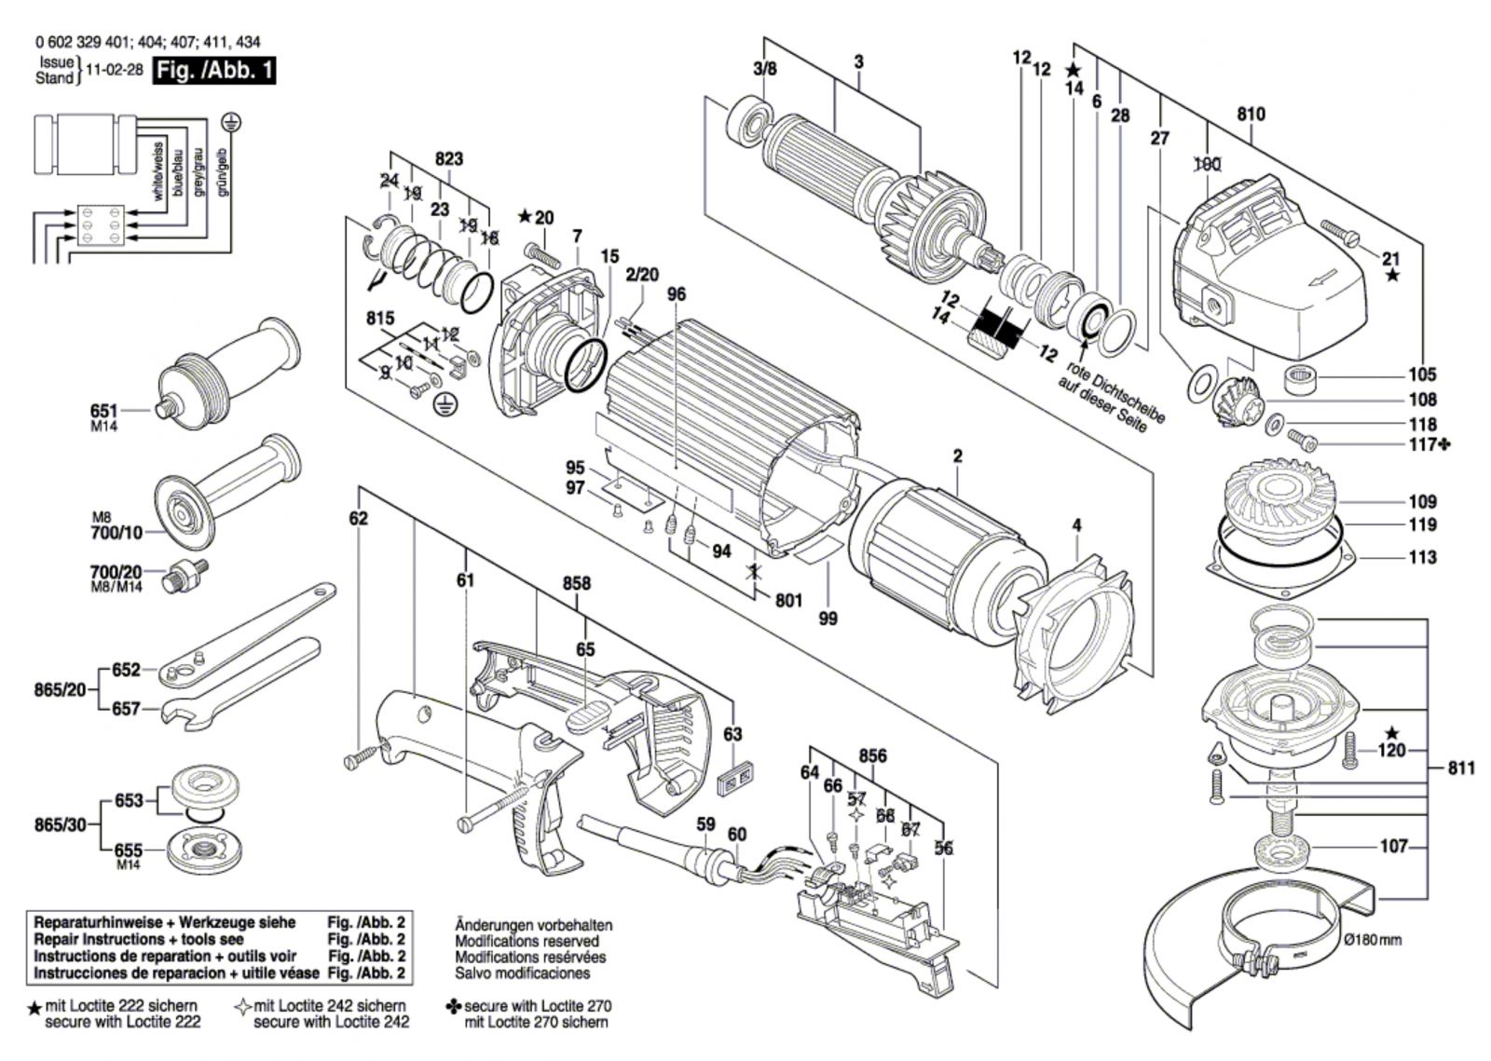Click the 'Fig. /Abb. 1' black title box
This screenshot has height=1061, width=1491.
(214, 71)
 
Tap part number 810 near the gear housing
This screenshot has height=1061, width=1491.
(1251, 115)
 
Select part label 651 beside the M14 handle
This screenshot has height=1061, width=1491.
(104, 410)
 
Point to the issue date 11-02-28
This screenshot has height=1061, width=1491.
(115, 71)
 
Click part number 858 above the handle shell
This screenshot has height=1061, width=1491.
(576, 583)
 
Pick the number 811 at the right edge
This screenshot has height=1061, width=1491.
(1461, 769)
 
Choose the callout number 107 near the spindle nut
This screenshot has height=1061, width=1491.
(1393, 848)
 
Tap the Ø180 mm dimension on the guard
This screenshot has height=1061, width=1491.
(1373, 939)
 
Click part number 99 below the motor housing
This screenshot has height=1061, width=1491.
(828, 618)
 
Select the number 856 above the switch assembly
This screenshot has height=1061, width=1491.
(872, 756)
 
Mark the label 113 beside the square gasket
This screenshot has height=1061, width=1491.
(1422, 557)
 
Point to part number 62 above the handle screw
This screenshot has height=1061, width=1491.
(359, 519)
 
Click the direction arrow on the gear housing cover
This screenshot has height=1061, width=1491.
(1325, 279)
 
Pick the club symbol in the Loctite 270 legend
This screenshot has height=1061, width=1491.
(454, 1006)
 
